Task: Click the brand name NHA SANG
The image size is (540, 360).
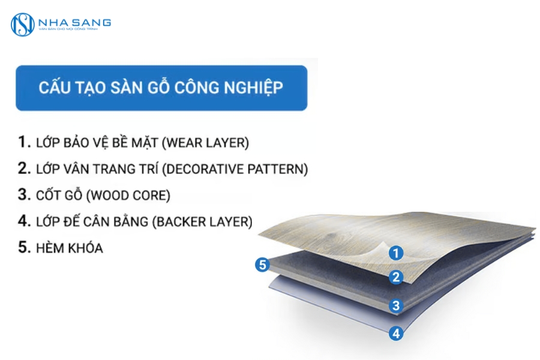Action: pos(74,22)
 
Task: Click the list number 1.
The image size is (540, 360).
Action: pos(23,142)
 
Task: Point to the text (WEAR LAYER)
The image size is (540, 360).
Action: pos(207,143)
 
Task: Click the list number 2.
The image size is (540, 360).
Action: pos(23,169)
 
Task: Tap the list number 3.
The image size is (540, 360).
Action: pos(23,195)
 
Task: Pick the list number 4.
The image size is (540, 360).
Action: pos(23,221)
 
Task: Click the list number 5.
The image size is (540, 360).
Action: pos(23,247)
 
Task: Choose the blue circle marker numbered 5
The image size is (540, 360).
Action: pos(262,264)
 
